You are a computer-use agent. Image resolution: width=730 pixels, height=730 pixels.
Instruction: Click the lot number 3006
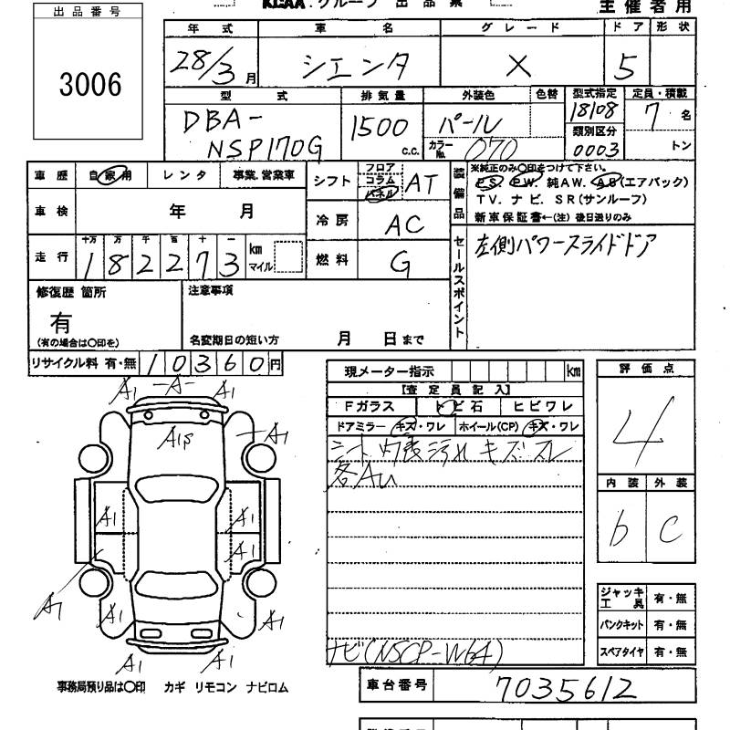[89, 85]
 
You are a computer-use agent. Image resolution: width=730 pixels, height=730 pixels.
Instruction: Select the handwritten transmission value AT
[420, 183]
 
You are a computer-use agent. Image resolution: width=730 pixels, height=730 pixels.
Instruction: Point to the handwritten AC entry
[403, 223]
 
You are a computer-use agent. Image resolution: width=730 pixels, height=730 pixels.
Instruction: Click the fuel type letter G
[399, 263]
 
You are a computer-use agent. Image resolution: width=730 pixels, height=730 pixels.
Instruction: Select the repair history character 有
[60, 321]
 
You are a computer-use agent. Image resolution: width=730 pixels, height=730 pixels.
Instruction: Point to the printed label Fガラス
[369, 406]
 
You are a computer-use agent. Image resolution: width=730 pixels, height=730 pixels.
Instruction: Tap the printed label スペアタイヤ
[621, 652]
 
